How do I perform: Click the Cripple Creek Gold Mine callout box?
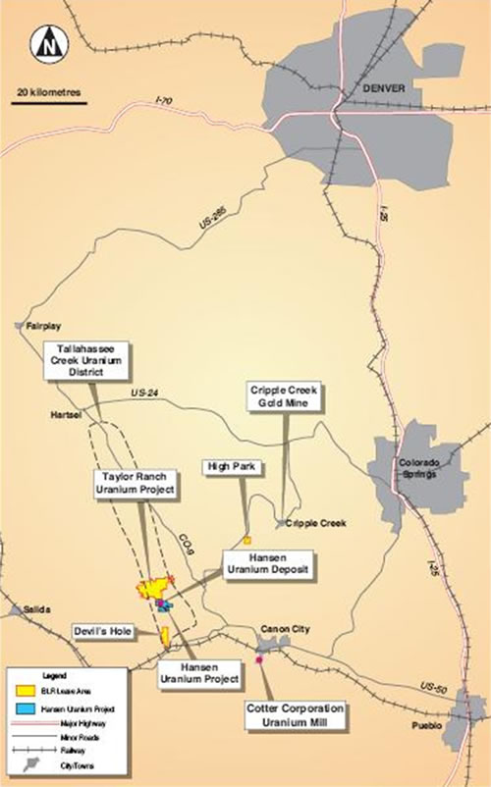(285, 396)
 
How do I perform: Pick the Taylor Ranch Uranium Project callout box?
(135, 483)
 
